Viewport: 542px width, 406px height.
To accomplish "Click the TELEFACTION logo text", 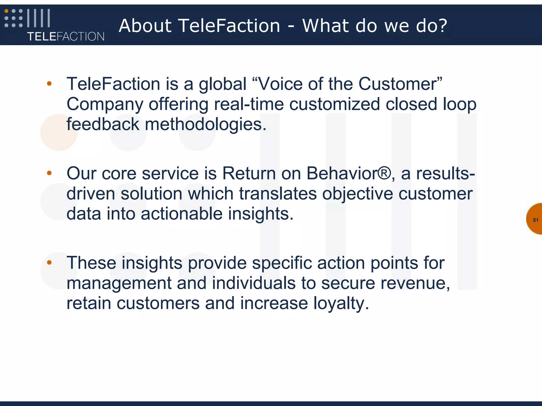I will pos(66,36).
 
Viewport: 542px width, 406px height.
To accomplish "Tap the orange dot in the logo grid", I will pos(6,11).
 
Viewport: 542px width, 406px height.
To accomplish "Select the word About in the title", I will pos(145,26).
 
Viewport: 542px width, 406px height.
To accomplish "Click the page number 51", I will pos(535,220).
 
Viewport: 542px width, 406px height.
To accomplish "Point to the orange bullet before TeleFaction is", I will pos(49,84).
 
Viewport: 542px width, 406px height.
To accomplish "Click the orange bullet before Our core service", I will pos(49,173).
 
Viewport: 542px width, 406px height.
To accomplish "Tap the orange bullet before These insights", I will pos(49,262).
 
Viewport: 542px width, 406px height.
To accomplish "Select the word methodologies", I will pos(205,124).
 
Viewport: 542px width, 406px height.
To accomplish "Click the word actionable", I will pos(182,214).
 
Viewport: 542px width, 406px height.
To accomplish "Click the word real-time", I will pos(249,104).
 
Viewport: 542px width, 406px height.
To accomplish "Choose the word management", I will pos(119,283).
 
